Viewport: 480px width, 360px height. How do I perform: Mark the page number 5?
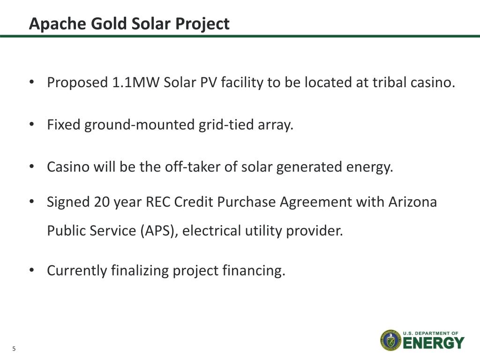coord(14,349)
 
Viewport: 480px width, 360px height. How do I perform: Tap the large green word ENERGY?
coord(434,343)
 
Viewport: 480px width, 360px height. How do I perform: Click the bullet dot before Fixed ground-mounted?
coord(31,125)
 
